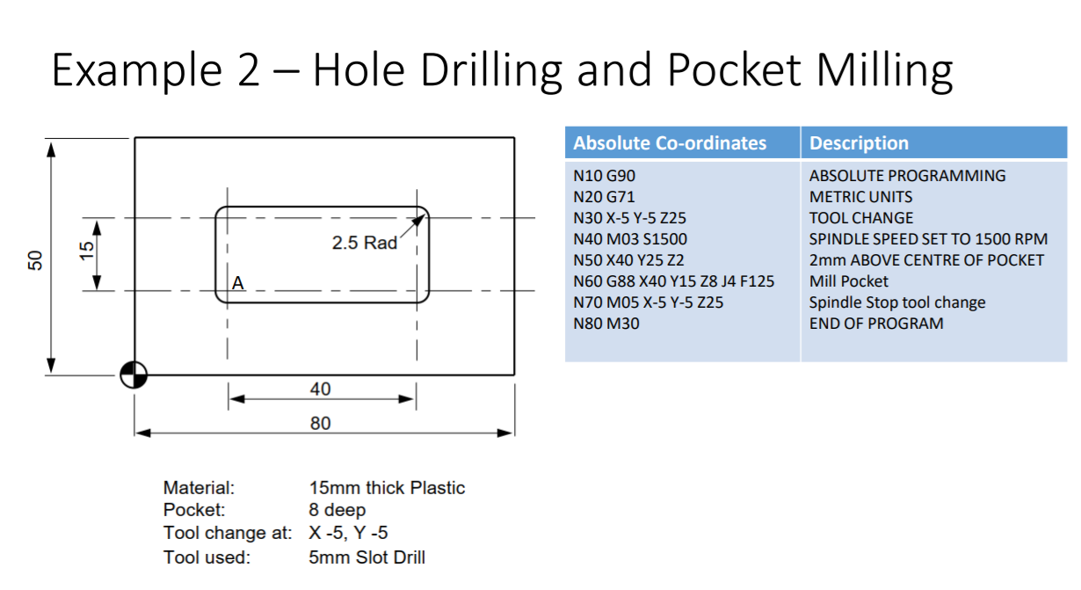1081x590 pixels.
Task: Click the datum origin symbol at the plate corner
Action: [x=134, y=375]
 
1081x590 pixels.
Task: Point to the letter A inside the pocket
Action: [x=237, y=284]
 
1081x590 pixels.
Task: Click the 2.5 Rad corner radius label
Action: [x=364, y=243]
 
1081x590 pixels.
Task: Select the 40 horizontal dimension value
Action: [x=321, y=389]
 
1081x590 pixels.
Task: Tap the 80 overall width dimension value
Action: [x=321, y=424]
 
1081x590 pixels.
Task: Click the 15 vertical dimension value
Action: [x=86, y=253]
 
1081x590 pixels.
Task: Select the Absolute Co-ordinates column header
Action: [x=670, y=143]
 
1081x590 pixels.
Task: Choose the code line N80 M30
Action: [x=606, y=324]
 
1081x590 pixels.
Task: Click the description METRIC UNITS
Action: [x=860, y=197]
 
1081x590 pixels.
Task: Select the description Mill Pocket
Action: [x=848, y=281]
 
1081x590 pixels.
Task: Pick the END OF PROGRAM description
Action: [x=875, y=324]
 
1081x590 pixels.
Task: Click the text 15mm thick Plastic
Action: [x=387, y=488]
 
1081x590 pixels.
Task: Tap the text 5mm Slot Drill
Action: [x=366, y=557]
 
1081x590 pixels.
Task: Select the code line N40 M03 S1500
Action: [x=629, y=239]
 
